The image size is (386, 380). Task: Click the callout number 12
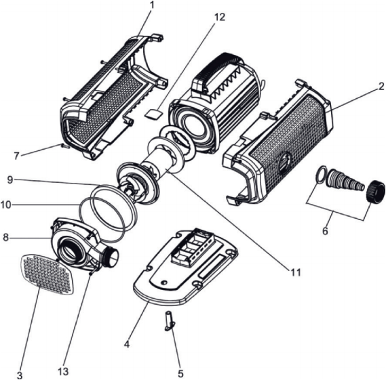(x=220, y=17)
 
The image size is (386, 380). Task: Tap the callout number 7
(x=16, y=156)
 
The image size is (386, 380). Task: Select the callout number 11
(x=295, y=272)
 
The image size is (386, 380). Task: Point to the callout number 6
(x=325, y=231)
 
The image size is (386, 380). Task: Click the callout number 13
(x=63, y=371)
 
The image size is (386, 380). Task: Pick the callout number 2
(x=381, y=86)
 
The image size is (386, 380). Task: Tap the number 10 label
(x=6, y=205)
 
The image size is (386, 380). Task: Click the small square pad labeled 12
(x=153, y=114)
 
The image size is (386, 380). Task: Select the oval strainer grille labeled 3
(x=47, y=274)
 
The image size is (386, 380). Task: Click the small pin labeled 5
(x=170, y=321)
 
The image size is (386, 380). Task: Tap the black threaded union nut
(x=376, y=191)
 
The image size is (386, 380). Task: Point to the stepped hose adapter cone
(x=345, y=180)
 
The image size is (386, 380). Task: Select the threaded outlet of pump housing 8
(x=111, y=257)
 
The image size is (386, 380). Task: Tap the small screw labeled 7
(x=66, y=146)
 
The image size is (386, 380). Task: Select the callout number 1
(x=152, y=6)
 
